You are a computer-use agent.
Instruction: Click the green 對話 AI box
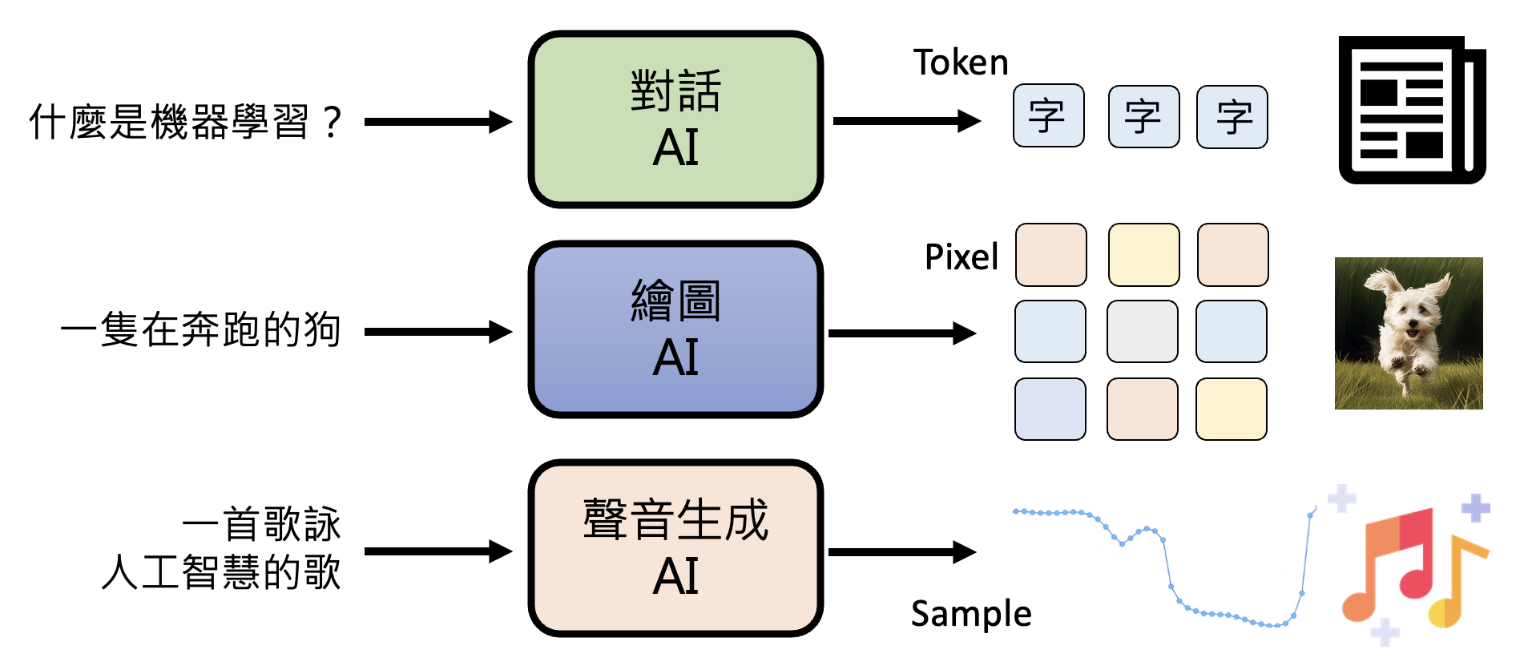tap(675, 119)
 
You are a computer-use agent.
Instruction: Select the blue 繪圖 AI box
tap(675, 329)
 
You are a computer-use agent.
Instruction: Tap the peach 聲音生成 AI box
tap(675, 548)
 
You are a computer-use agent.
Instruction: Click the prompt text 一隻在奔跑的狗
tap(201, 330)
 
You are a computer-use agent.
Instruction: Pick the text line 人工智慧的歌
tap(221, 572)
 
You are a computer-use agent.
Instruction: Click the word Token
tap(960, 63)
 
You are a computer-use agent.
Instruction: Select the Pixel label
tap(961, 257)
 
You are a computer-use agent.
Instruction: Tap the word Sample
tap(970, 614)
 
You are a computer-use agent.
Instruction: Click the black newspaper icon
tap(1411, 110)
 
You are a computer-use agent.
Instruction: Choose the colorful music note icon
tap(1414, 566)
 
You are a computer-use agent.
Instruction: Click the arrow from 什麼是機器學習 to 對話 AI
tap(437, 122)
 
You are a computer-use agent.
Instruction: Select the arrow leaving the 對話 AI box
tap(906, 121)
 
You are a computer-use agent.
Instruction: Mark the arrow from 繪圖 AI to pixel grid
tap(901, 333)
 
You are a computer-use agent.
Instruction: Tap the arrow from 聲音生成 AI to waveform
tap(901, 551)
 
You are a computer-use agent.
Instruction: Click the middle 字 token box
tap(1143, 117)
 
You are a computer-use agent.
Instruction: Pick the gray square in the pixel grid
tap(1143, 332)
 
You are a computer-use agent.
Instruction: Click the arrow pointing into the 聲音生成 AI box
tap(437, 551)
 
